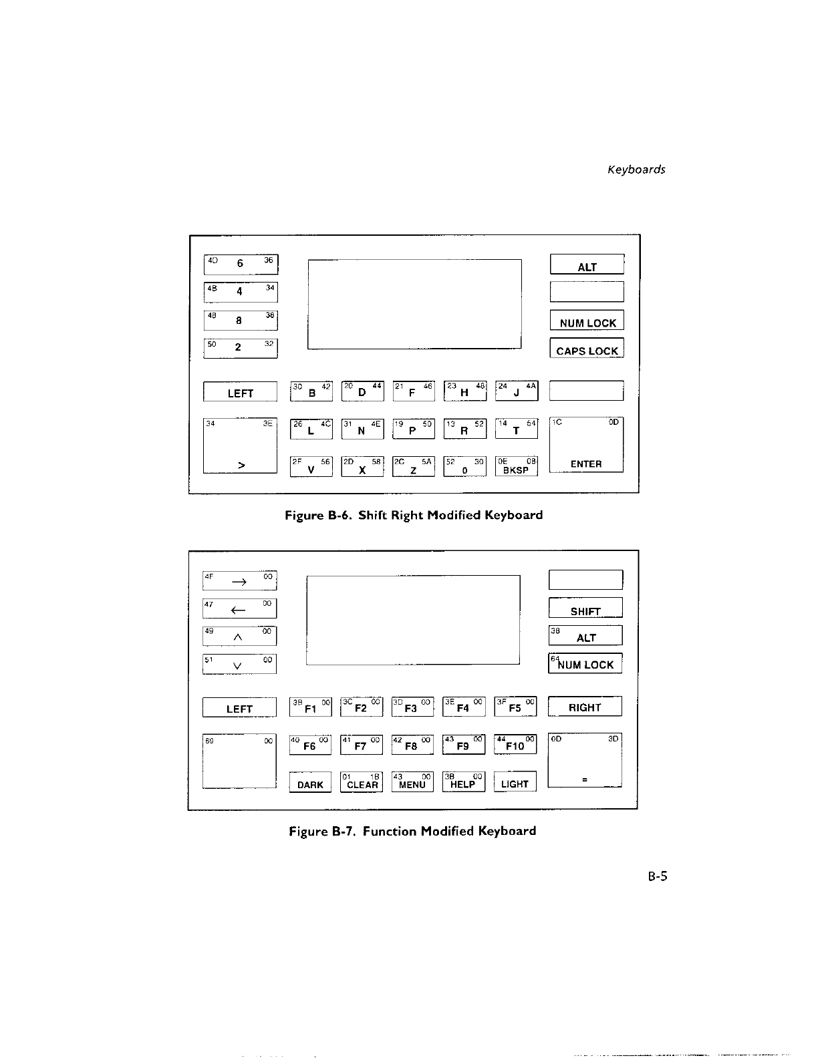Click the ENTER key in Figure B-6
click(586, 444)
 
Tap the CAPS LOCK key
click(587, 349)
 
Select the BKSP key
click(516, 466)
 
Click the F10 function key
click(515, 744)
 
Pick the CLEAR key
click(362, 781)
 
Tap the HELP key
click(463, 781)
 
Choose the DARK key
click(310, 782)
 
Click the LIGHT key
click(515, 781)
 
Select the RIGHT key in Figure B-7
click(585, 707)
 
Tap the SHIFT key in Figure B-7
click(585, 608)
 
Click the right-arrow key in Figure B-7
click(239, 580)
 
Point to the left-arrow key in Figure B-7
click(239, 608)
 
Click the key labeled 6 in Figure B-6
click(240, 264)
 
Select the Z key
click(414, 466)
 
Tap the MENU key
click(412, 781)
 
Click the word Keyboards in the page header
click(636, 170)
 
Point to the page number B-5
click(657, 876)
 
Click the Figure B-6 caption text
click(414, 515)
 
